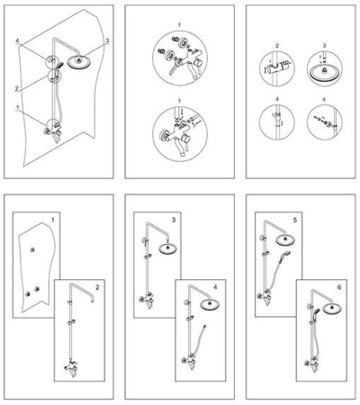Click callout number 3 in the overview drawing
107,40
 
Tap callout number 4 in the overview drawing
18,40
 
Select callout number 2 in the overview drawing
17,88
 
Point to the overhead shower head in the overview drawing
79,61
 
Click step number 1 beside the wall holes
53,220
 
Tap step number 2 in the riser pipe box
97,287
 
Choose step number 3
174,220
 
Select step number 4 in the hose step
215,287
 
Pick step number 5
295,220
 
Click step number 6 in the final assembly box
339,287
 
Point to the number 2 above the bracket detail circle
277,46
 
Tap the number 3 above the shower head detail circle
324,46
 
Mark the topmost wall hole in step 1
32,249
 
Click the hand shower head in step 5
285,254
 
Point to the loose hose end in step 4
204,325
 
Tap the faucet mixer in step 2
71,368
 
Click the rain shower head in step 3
167,249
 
